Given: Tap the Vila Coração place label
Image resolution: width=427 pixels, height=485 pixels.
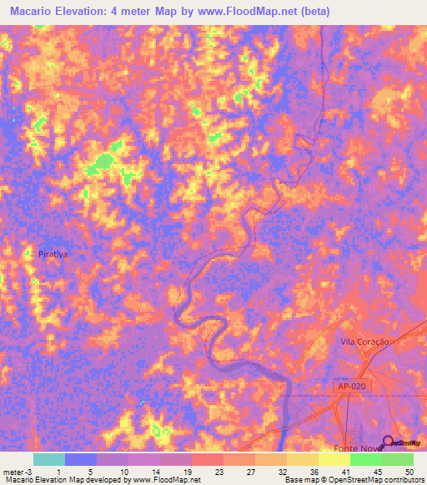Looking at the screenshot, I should click(x=365, y=342).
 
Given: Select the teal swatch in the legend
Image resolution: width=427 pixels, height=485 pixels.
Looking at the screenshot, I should click(x=49, y=459).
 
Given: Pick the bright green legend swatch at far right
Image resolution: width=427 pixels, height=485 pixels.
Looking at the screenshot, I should click(x=398, y=459).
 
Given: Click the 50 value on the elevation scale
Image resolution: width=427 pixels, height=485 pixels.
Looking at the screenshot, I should click(x=408, y=471).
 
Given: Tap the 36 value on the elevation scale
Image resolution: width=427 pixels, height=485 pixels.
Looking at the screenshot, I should click(x=312, y=471).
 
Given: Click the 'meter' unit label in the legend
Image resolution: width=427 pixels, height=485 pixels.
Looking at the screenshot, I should click(x=14, y=471).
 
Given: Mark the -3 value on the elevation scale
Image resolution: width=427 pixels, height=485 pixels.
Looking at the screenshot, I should click(x=31, y=471).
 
